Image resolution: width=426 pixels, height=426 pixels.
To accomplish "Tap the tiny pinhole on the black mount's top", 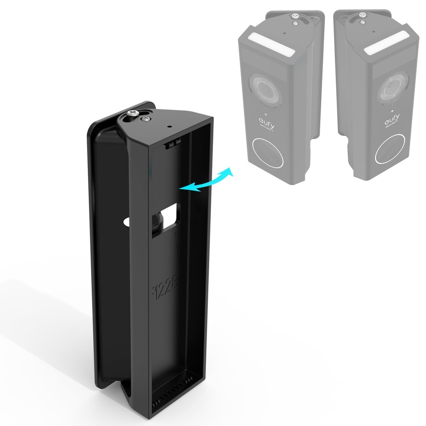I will point(170,127).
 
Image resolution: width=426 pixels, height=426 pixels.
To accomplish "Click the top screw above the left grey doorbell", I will point(295,16).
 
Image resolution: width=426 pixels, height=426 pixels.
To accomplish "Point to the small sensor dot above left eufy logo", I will point(265,114).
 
